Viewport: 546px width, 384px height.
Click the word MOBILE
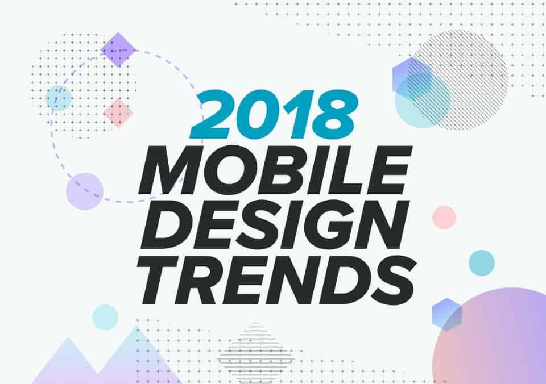[275, 170]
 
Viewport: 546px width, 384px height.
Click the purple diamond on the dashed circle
[118, 50]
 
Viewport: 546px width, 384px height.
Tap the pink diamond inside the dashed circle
[118, 114]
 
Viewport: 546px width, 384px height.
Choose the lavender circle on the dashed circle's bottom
[85, 191]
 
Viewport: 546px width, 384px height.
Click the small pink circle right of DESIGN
[444, 218]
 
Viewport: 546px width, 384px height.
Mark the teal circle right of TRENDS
[482, 263]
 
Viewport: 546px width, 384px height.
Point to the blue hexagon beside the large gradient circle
[447, 315]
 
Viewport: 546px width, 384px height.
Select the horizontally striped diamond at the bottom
[256, 350]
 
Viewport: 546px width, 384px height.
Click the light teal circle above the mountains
[105, 317]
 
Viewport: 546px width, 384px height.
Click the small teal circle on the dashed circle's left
[59, 98]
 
